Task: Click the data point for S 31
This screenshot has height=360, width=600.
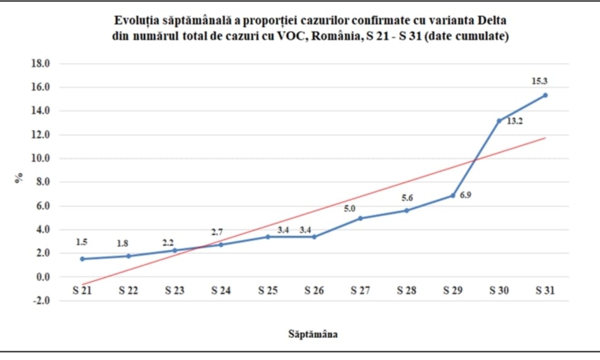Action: point(545,95)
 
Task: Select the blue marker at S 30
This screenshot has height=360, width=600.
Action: point(499,120)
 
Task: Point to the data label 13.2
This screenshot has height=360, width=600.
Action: point(515,121)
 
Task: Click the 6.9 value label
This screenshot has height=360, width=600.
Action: point(466,195)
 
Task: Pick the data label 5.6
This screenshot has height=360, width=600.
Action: point(407,198)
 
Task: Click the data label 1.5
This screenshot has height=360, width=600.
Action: point(81,242)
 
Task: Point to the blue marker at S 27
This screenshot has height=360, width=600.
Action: point(360,218)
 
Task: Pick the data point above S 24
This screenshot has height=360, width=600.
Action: point(221,245)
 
